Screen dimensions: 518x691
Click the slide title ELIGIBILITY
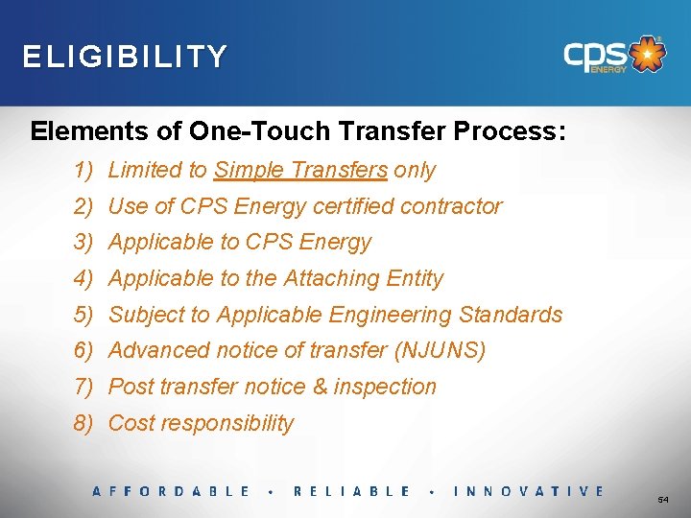point(126,57)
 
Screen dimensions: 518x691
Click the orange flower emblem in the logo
point(649,55)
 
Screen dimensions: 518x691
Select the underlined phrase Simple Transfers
point(300,171)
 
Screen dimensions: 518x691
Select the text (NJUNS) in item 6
point(440,351)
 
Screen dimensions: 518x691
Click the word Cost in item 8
point(130,424)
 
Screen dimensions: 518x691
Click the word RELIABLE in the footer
point(351,491)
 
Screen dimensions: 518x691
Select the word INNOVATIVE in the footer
point(528,491)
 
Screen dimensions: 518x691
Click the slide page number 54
point(663,501)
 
